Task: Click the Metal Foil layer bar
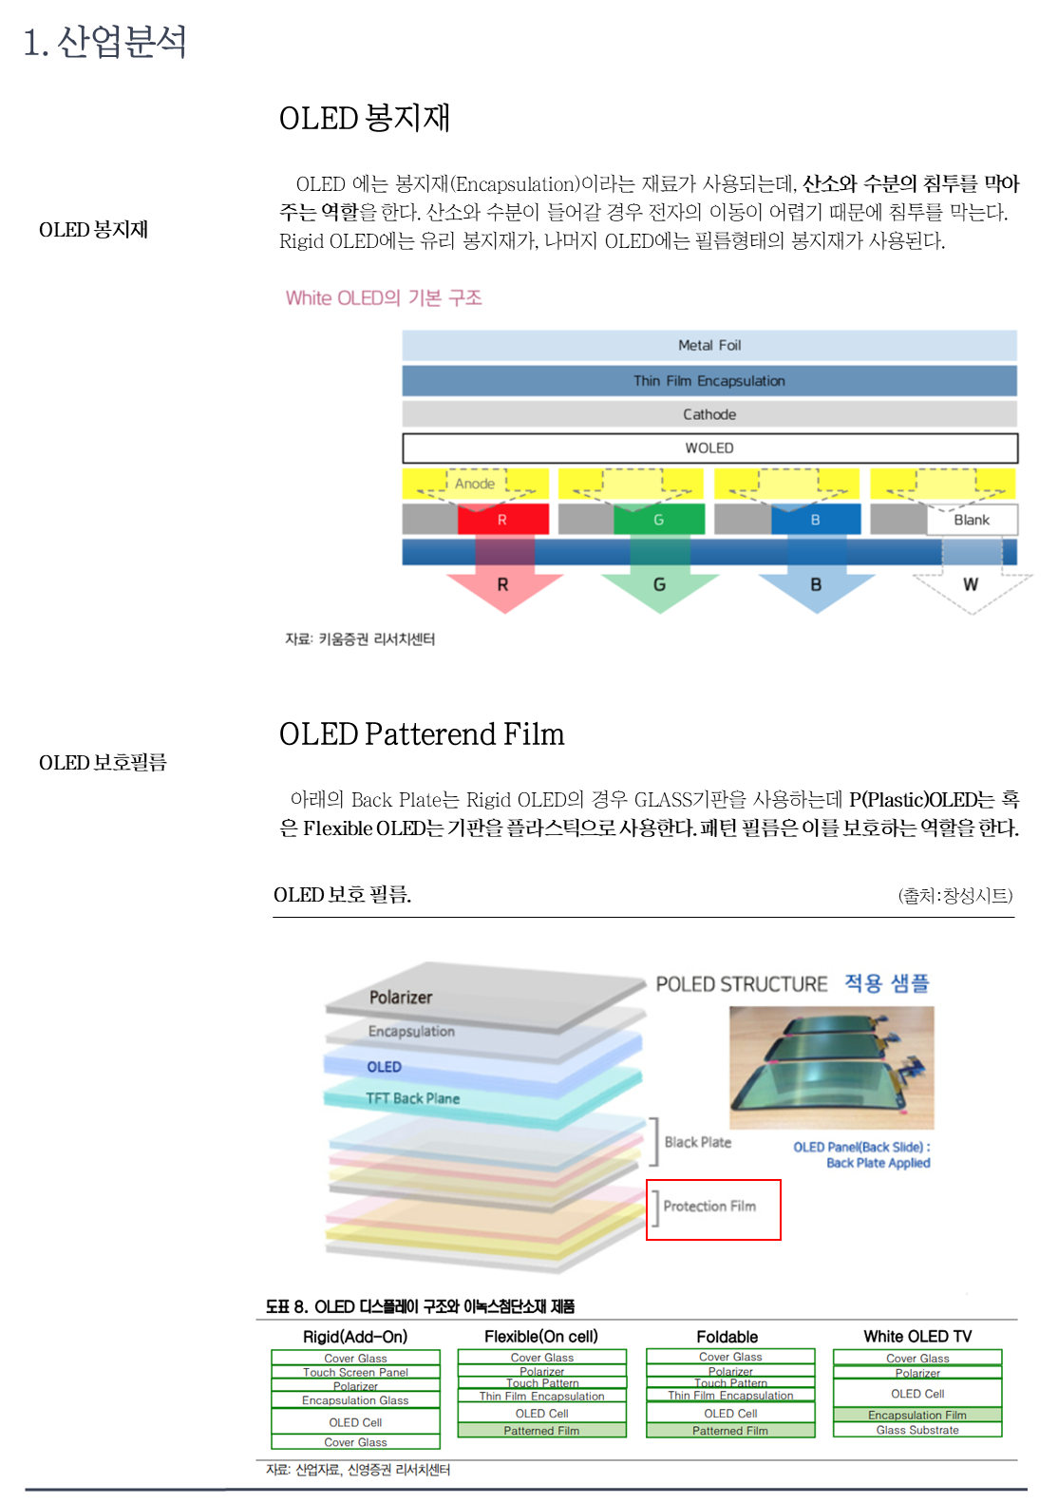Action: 708,345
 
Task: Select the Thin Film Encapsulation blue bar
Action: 708,381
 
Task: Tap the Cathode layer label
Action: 708,414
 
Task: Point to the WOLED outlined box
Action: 708,447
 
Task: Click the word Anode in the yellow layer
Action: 475,484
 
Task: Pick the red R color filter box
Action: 502,520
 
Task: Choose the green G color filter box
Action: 658,520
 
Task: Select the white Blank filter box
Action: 972,520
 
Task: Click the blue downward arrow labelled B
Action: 816,581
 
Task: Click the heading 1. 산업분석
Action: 104,42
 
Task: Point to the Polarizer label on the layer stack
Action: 401,998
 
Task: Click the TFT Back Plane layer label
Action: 413,1098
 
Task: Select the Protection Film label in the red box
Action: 710,1207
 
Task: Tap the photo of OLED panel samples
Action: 831,1067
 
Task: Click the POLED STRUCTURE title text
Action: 742,984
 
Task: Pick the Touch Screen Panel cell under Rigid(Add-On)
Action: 355,1372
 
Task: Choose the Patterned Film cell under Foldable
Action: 730,1431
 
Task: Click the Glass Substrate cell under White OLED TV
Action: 917,1430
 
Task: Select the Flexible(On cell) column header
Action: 541,1337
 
